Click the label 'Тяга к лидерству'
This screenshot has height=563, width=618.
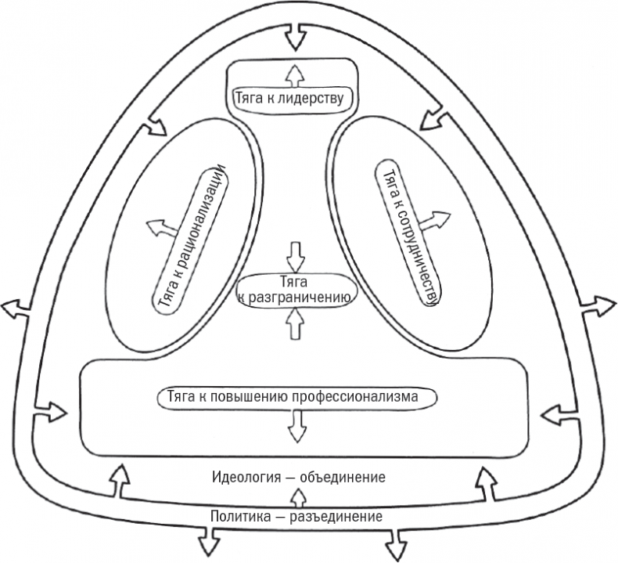click(x=294, y=99)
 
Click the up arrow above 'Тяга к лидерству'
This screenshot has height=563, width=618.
click(x=294, y=75)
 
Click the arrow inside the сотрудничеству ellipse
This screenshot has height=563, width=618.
click(x=436, y=218)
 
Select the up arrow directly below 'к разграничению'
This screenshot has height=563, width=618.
click(x=295, y=322)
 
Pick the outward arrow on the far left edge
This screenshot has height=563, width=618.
click(x=14, y=309)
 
